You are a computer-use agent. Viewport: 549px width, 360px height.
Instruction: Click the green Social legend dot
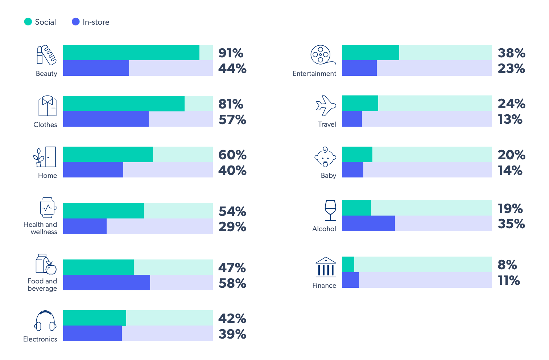28,22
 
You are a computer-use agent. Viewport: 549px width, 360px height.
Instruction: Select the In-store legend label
96,22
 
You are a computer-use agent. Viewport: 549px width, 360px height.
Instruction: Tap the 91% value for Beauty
231,53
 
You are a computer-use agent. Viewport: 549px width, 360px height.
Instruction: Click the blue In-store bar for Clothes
106,119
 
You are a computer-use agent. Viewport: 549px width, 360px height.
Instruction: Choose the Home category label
48,176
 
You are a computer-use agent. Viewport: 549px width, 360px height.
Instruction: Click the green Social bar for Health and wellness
103,210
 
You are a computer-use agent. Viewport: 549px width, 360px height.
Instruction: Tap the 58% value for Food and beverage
232,283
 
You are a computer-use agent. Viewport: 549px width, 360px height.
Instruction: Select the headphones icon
45,321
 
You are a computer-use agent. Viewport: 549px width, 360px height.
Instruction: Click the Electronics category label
40,339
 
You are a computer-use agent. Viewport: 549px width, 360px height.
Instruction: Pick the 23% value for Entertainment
511,69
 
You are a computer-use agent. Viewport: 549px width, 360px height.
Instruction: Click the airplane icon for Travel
326,106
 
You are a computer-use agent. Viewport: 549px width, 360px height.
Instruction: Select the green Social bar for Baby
357,154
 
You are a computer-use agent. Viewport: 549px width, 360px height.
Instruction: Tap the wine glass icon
330,210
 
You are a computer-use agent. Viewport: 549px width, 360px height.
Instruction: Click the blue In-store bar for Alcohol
368,224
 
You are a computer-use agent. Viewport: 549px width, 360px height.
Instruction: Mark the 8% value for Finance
507,265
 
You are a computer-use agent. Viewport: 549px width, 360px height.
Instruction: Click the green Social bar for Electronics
94,318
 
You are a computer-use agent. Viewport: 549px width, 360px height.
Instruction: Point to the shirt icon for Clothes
48,106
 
